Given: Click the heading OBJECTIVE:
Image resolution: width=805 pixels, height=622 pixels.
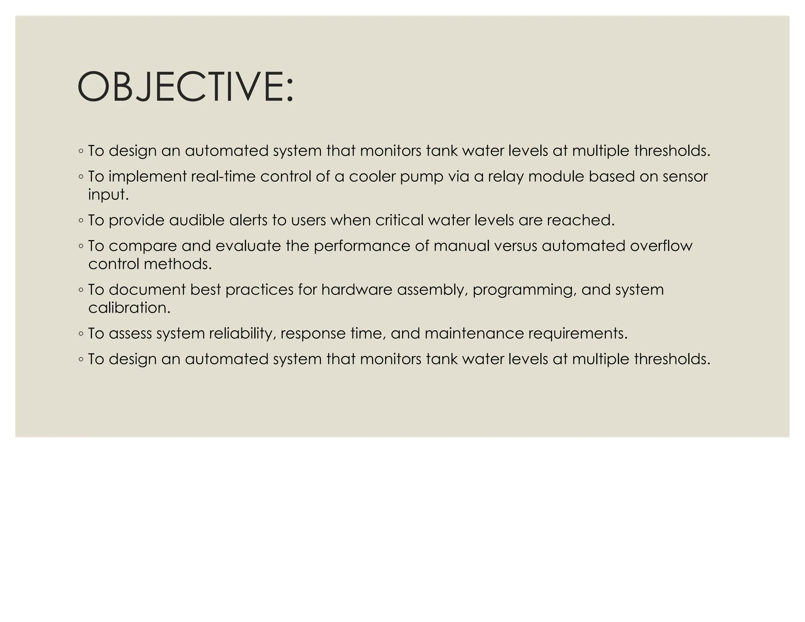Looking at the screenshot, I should click(185, 87).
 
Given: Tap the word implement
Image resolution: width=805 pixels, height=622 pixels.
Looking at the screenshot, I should click(147, 177).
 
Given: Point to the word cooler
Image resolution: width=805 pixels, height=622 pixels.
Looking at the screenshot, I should click(372, 177).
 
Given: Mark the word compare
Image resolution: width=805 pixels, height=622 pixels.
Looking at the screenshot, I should click(143, 246).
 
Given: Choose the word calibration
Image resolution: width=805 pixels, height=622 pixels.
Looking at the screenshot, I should click(129, 307).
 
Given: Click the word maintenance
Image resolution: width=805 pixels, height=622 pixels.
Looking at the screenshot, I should click(474, 333).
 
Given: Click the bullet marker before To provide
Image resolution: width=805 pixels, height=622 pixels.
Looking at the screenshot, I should click(81, 221).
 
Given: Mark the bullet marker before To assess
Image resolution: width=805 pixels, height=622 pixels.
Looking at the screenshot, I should click(81, 334).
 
